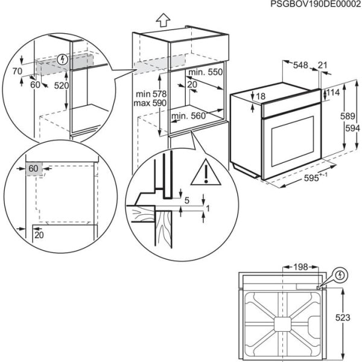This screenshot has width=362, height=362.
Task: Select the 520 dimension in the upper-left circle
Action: [x=60, y=86]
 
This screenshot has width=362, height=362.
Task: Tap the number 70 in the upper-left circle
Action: [x=17, y=71]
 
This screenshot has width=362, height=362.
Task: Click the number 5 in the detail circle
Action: [x=187, y=200]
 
